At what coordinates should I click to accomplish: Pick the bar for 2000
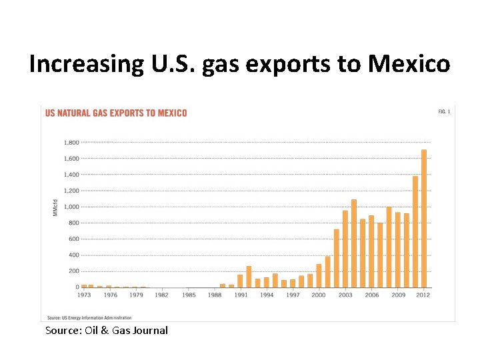[x=319, y=275]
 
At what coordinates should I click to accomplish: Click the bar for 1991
[x=240, y=281]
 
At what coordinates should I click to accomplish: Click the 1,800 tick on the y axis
[x=71, y=143]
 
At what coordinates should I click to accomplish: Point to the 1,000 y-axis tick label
[x=71, y=207]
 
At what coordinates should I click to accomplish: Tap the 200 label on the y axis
[x=73, y=271]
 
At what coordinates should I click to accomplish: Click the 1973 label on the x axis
[x=85, y=295]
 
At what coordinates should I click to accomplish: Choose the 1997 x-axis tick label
[x=293, y=295]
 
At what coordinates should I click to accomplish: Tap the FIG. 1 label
[x=444, y=112]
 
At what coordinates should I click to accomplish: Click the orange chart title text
[x=116, y=113]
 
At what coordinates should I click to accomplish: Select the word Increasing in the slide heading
[x=85, y=65]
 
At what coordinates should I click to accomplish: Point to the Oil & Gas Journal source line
[x=106, y=331]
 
